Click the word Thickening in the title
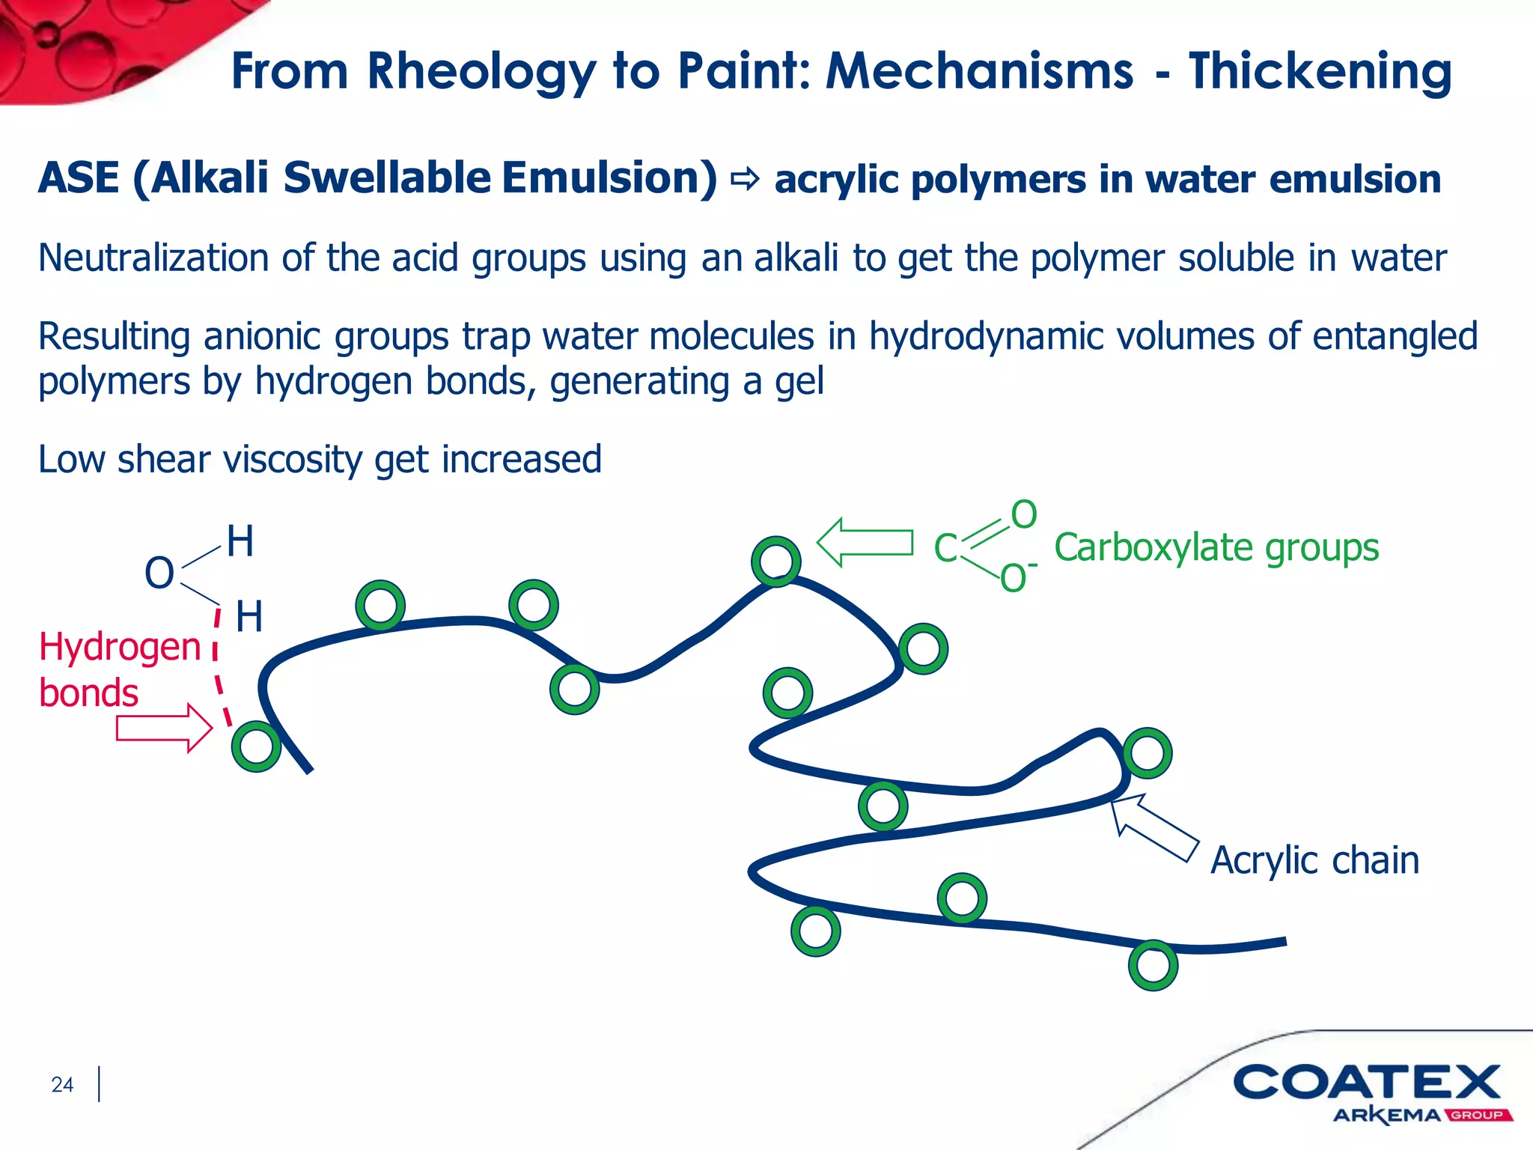point(1320,72)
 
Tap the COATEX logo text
point(1367,1083)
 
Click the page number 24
point(62,1084)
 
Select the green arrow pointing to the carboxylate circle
point(865,542)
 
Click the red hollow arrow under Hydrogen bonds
point(164,728)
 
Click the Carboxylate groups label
point(1216,547)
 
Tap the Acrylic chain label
point(1314,860)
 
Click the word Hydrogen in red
point(120,647)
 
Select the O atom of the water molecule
point(159,574)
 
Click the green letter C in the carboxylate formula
point(945,548)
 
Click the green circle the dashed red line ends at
point(256,746)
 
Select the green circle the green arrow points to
point(776,561)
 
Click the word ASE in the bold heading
point(79,178)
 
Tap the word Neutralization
point(153,258)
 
